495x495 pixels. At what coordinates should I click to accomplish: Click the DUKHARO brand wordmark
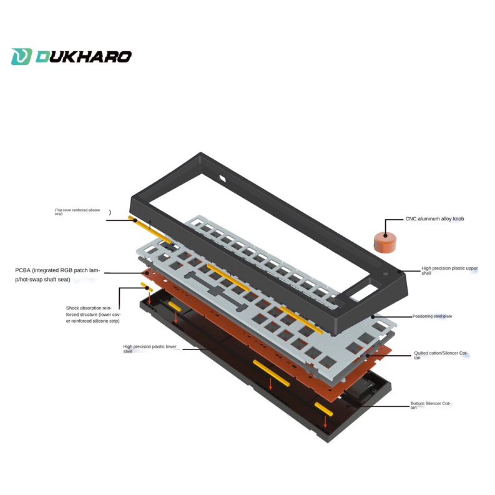(x=83, y=57)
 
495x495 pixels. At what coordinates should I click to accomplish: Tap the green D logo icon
(x=21, y=57)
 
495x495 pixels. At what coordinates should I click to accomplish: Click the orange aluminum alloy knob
(x=385, y=242)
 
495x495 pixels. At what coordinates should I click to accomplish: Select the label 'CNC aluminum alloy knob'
(x=434, y=219)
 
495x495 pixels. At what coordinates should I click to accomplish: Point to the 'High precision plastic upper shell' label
(x=449, y=270)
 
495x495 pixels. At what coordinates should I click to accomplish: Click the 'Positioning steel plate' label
(x=432, y=316)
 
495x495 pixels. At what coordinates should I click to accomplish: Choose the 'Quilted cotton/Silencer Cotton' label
(x=440, y=355)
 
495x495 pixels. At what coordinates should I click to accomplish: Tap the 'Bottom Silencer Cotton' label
(x=430, y=406)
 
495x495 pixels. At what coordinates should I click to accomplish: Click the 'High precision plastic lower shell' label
(x=150, y=348)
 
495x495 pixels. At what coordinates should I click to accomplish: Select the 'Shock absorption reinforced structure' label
(x=92, y=314)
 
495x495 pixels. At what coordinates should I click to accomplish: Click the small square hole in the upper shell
(x=222, y=180)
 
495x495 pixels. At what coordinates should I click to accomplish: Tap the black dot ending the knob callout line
(x=386, y=236)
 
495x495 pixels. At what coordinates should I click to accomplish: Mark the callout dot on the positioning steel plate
(x=373, y=316)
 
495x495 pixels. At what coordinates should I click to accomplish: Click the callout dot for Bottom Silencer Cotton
(x=358, y=406)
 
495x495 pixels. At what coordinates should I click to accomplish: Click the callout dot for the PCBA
(x=147, y=273)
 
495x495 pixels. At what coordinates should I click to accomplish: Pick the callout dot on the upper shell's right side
(x=400, y=272)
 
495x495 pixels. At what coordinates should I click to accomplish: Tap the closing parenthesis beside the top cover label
(x=110, y=212)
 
